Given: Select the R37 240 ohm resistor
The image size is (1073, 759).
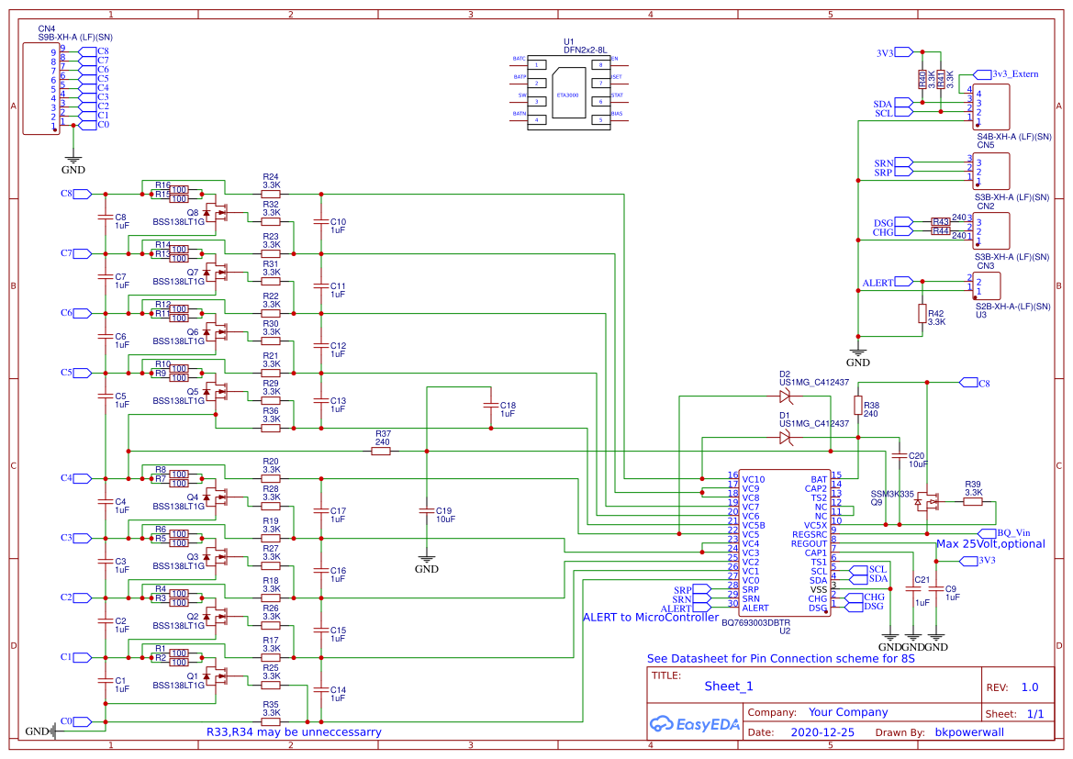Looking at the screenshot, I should coord(382,451).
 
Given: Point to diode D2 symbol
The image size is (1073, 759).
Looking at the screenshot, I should coord(785,396).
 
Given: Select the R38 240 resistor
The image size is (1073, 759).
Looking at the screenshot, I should coord(858,405).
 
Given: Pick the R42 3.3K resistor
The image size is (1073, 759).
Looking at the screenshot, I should coord(922,313).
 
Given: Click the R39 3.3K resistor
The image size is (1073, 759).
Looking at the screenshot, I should coord(972,501).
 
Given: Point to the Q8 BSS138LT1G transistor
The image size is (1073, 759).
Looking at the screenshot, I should coord(217,214).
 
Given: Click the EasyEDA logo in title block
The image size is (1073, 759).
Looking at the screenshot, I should coord(690,723).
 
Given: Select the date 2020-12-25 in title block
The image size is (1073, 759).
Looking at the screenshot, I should coord(822,733).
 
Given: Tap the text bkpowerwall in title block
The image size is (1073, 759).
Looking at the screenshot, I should coord(972,733).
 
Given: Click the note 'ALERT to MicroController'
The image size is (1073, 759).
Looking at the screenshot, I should coord(651,618).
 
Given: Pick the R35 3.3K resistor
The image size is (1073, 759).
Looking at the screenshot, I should coord(271,721).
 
